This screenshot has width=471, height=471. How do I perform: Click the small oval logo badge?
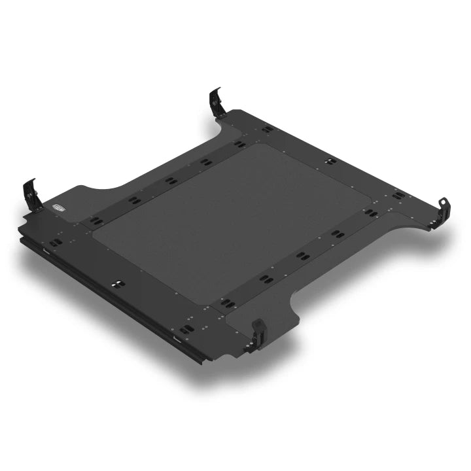tap(58, 208)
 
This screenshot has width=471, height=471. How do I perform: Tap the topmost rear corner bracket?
tap(217, 103)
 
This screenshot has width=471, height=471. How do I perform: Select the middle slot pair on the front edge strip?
tap(118, 283)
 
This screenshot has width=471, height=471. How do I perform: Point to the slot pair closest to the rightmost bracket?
tap(399, 194)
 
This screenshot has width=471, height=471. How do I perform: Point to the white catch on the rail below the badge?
tap(48, 251)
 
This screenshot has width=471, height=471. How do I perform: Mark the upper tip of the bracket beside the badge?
tap(31, 180)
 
